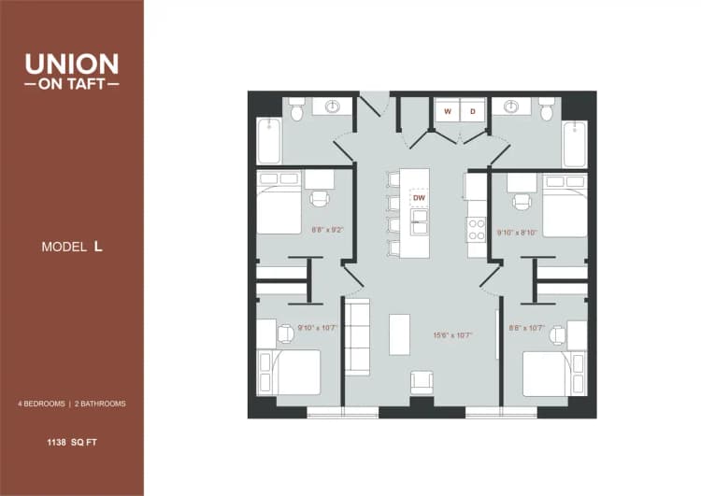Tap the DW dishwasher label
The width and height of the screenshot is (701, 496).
(x=419, y=198)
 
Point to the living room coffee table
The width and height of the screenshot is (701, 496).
(x=399, y=333)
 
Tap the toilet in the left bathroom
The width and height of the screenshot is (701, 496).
(x=297, y=112)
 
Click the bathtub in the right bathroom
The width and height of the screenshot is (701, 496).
(x=575, y=143)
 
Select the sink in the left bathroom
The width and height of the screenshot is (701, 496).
(x=332, y=106)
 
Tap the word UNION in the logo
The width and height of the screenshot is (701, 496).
(x=72, y=64)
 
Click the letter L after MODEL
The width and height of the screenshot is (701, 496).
(x=96, y=247)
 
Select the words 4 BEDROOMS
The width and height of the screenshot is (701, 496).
(x=41, y=404)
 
